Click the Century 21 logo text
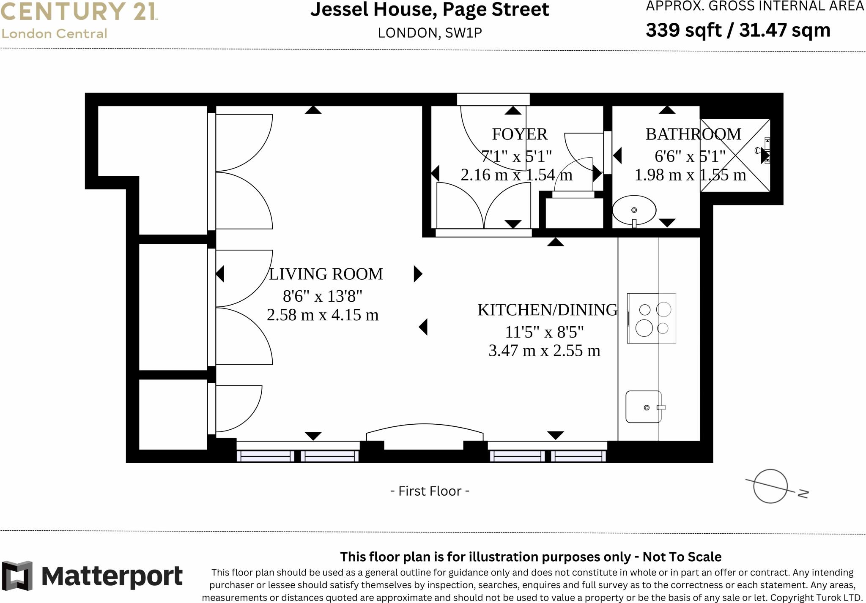tap(79, 11)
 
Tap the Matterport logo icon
tap(17, 576)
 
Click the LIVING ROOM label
tap(326, 274)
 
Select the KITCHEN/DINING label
tap(547, 310)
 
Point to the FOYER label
tap(519, 134)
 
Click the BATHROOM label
tap(693, 134)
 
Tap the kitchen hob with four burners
tap(651, 318)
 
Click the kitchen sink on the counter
tap(644, 407)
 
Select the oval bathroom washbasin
tap(634, 210)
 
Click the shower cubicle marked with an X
tap(735, 156)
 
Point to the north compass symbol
tap(771, 486)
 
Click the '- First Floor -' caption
tap(430, 491)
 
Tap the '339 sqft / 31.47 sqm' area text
tap(738, 30)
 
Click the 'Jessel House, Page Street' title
tap(430, 10)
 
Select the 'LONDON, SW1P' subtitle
tap(430, 33)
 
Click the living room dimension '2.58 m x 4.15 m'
tap(323, 315)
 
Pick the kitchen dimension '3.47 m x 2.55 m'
tap(544, 351)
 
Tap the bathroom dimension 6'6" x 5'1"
tap(690, 157)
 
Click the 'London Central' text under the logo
tap(54, 34)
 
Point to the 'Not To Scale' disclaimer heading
tap(531, 557)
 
